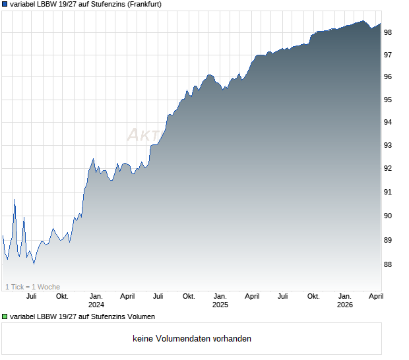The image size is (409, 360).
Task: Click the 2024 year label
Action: tap(96, 305)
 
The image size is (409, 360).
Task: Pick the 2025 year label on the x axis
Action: tap(220, 305)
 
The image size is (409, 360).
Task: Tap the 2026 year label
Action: tap(345, 305)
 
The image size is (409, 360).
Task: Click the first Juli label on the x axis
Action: tap(31, 296)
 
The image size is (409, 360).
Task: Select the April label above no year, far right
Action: tap(375, 296)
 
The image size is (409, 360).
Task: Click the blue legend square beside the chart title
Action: tap(5, 4)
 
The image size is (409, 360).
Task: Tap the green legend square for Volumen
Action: tap(5, 316)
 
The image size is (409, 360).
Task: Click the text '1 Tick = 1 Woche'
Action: tap(32, 287)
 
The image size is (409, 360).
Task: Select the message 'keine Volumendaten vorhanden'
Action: tap(192, 339)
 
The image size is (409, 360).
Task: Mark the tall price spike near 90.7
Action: tap(15, 200)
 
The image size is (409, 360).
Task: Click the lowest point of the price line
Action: tap(34, 264)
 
